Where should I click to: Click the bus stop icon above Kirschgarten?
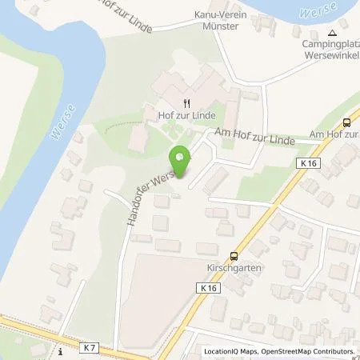pyautogui.click(x=234, y=256)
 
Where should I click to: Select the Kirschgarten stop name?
pyautogui.click(x=233, y=269)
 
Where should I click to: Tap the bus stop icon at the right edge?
pyautogui.click(x=346, y=122)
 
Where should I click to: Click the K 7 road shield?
pyautogui.click(x=90, y=348)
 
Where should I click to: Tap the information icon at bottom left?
pyautogui.click(x=60, y=350)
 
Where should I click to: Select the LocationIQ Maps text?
pyautogui.click(x=230, y=351)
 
